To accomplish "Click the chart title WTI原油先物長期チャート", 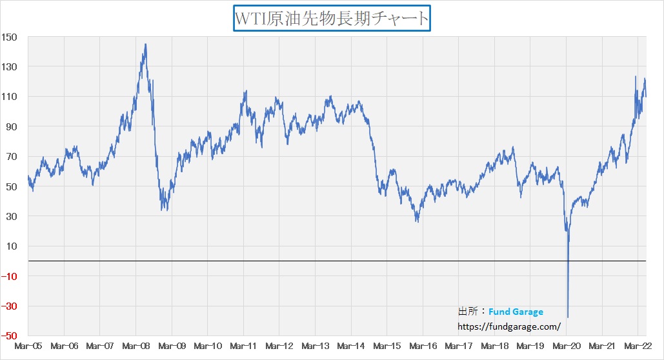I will point(332,18).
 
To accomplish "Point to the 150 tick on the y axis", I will point(10,37).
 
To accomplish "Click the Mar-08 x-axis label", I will point(136,346).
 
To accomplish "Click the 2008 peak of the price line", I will point(145,45).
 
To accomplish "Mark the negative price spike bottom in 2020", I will point(568,317).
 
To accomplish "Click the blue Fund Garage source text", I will point(516,312).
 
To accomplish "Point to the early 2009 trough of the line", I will point(165,209).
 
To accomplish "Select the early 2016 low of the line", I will point(417,221).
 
